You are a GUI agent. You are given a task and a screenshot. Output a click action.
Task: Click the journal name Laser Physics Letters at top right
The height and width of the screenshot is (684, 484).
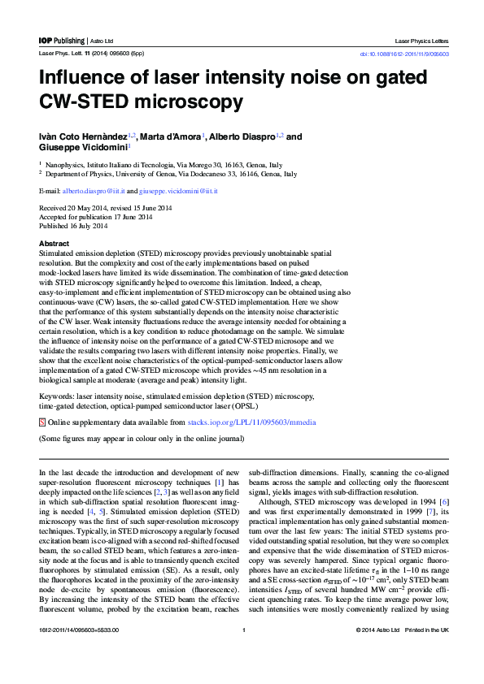(x=421, y=40)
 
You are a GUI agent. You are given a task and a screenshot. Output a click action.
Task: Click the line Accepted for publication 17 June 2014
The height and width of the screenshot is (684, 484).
(x=94, y=217)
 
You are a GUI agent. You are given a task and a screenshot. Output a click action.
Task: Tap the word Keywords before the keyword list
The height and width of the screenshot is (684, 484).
(x=56, y=394)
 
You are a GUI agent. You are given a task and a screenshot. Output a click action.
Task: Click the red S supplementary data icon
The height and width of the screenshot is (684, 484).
(x=42, y=423)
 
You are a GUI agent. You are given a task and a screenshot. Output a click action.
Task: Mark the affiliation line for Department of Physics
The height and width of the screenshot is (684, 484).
(x=171, y=174)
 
